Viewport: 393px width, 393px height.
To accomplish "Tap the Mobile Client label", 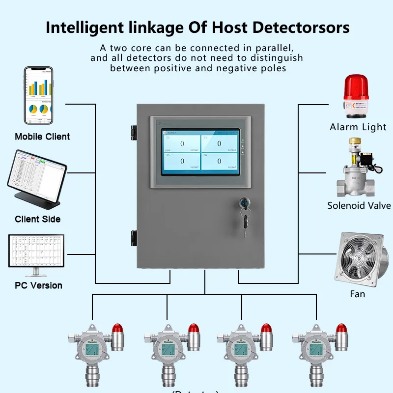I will coord(42,137).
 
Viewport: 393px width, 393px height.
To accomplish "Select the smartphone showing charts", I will coord(39,96).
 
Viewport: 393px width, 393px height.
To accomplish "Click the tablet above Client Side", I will coord(36,175).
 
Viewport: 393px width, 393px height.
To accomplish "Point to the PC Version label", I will coord(38,285).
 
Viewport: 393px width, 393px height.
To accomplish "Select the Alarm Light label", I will coord(358,127).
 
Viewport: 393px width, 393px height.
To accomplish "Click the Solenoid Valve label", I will coord(359,205).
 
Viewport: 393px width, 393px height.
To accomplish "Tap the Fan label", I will coord(357,294).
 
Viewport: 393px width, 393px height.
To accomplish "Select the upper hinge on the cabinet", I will coord(134,132).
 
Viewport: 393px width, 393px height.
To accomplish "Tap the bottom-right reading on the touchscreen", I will coord(219,161).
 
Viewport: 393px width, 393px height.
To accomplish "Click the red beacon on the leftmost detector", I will coord(117,328).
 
